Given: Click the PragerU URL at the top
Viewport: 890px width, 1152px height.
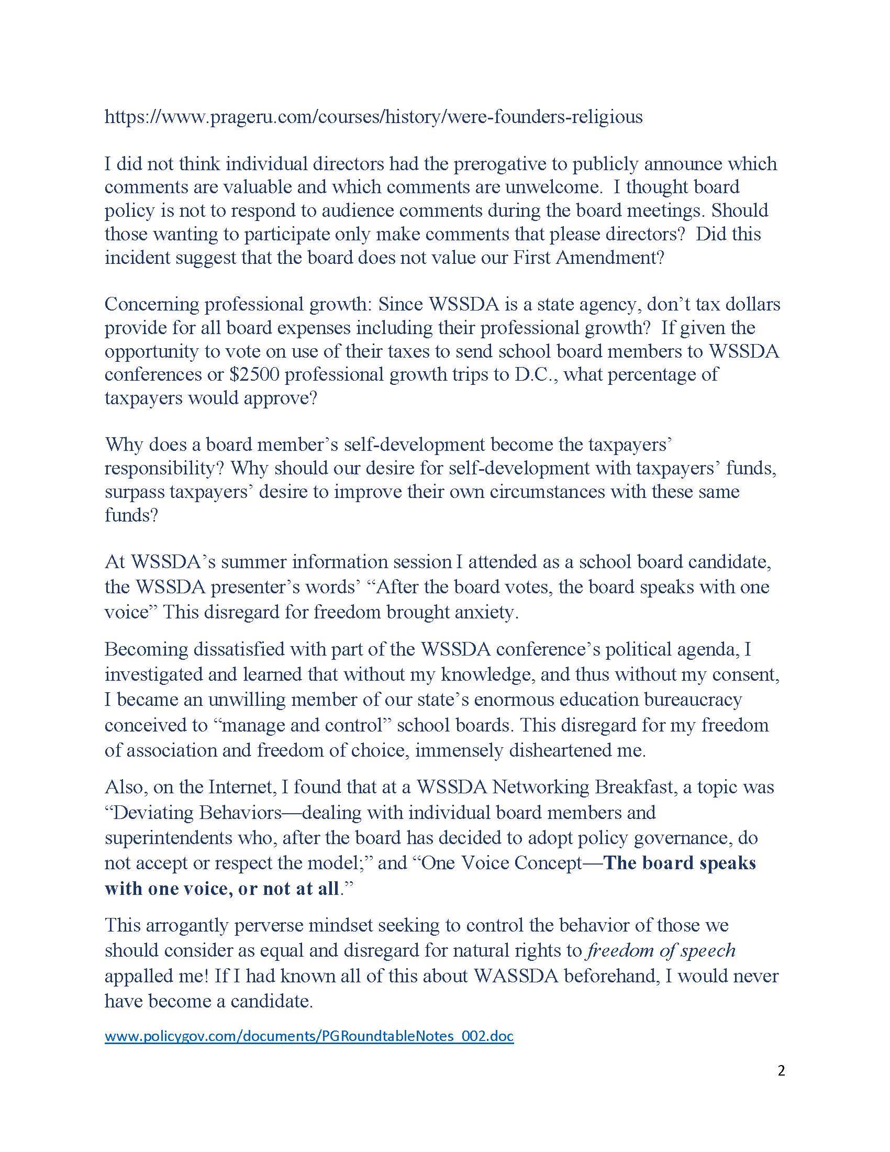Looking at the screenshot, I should (373, 117).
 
